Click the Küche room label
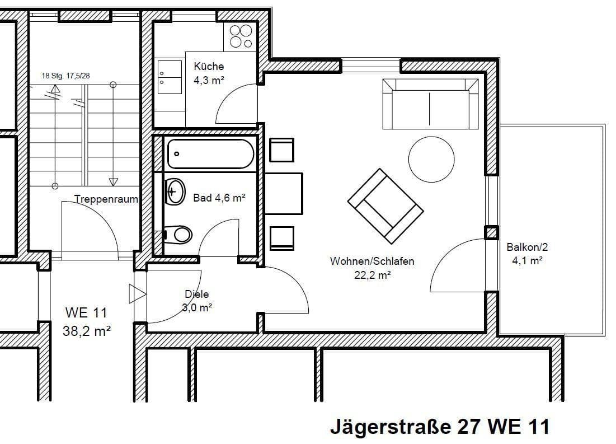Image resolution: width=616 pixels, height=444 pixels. point(209,66)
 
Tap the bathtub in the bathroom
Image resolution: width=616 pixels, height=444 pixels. point(210,154)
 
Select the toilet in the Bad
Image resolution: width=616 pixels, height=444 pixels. point(177,235)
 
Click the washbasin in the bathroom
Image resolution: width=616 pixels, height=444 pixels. point(175,191)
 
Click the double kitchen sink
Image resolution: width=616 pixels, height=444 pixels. point(170,77)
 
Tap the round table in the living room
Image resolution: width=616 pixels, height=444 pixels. point(431,159)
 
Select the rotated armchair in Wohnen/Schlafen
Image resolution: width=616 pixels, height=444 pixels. point(385,207)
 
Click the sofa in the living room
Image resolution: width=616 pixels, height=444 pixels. point(431,104)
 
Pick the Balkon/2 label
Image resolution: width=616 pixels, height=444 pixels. point(527,247)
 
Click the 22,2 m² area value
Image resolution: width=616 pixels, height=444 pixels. point(372,275)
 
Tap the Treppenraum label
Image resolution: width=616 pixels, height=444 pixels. point(106,199)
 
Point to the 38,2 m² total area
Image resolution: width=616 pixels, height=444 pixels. point(86,331)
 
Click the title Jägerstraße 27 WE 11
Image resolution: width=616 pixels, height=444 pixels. point(440,427)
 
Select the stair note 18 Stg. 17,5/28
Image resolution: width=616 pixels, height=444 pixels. point(65,76)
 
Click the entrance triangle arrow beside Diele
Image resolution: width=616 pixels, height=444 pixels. point(138,294)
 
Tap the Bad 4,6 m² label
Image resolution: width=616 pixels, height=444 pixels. point(219,198)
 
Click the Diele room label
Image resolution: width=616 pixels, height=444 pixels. point(197,294)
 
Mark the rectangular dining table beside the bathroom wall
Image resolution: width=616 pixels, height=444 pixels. point(284,194)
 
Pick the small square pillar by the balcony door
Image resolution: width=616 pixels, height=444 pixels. point(491,233)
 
